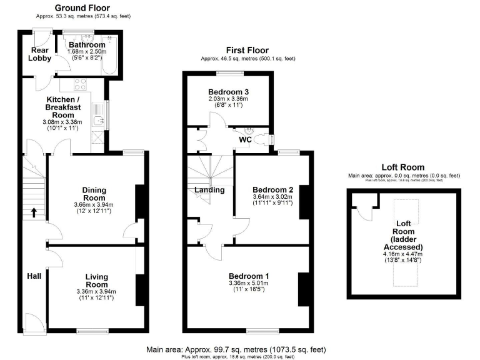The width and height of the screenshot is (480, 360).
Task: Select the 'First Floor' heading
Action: (247, 51)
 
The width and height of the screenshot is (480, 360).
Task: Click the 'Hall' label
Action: (34, 276)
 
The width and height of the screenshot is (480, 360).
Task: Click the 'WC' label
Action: (244, 140)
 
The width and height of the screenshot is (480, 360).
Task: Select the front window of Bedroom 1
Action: (261, 330)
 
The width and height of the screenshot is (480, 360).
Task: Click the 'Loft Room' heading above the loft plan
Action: (403, 167)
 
